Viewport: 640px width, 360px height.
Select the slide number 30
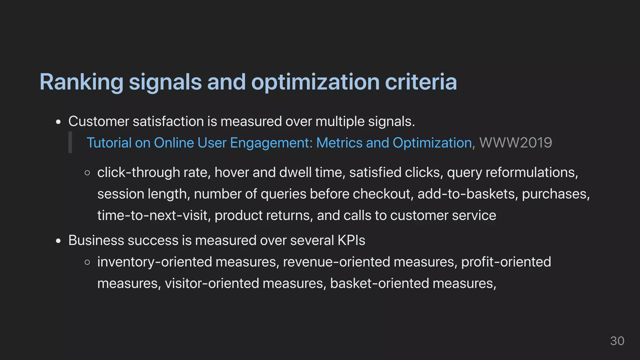[x=617, y=341]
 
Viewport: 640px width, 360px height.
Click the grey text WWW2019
[x=516, y=143]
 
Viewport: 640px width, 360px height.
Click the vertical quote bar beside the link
[x=70, y=142]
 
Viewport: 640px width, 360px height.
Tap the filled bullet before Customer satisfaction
[x=58, y=122]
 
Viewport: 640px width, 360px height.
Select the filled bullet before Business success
[x=58, y=241]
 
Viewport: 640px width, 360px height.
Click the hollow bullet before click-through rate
[x=87, y=173]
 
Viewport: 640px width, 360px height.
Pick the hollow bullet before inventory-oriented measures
[x=87, y=262]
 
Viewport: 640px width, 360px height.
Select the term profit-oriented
[x=506, y=262]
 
